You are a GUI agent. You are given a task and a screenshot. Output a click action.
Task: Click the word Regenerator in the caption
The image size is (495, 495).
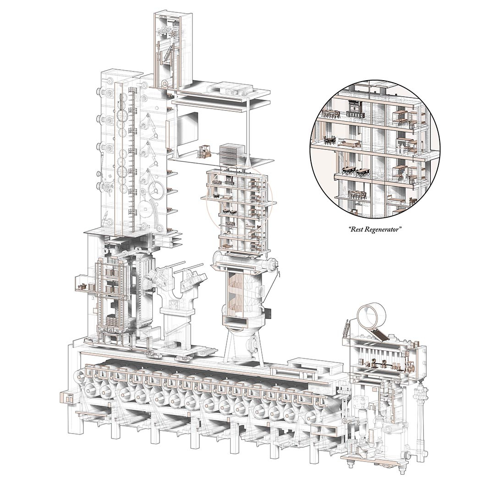[383, 230]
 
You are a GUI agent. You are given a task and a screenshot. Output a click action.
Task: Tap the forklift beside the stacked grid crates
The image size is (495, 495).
[204, 152]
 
